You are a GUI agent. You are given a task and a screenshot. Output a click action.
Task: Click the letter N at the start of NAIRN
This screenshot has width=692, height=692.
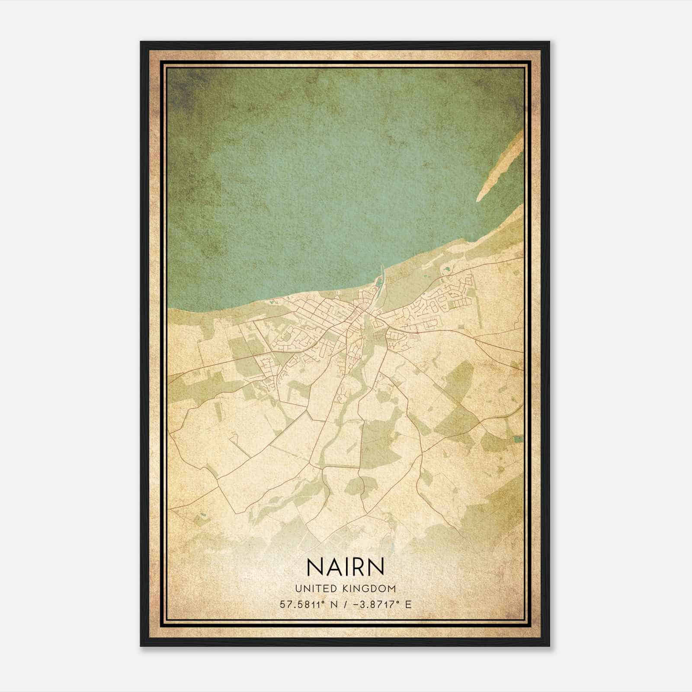pos(314,567)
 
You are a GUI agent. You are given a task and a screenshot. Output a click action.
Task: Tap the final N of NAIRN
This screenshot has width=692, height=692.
pos(376,567)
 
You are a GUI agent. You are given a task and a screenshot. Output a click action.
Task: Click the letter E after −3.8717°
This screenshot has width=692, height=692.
pos(408,604)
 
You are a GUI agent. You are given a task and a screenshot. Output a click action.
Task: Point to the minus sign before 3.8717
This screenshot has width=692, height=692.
pos(356,604)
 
